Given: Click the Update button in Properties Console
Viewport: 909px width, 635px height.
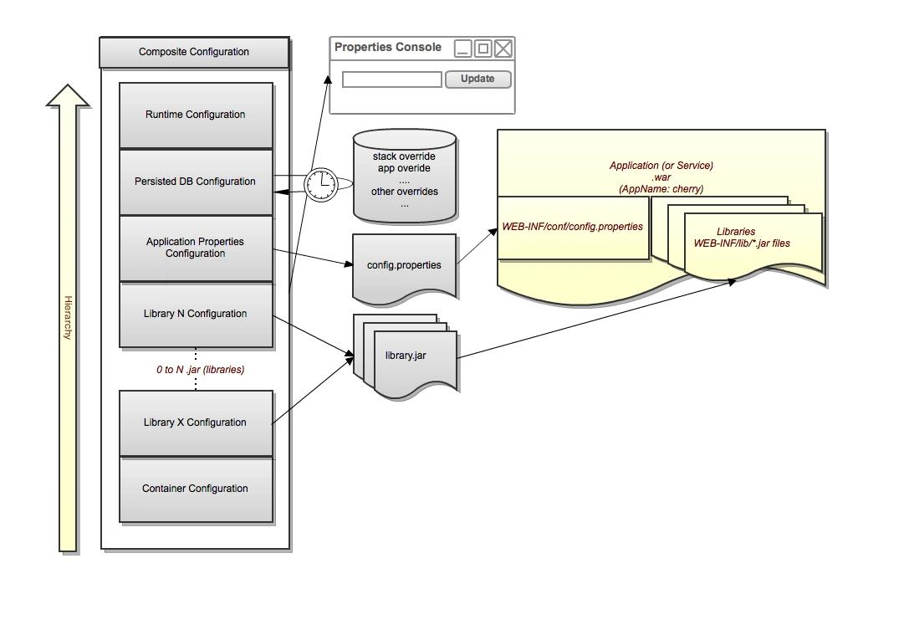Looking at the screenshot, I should point(477,79).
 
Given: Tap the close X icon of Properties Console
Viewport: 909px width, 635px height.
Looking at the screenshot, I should point(503,49).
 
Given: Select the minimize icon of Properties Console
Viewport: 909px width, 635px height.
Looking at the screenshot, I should point(463,49).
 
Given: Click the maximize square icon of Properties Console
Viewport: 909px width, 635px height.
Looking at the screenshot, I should point(483,49).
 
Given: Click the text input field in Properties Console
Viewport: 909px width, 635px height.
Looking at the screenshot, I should point(391,79).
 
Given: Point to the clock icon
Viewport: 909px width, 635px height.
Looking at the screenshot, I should point(321,184).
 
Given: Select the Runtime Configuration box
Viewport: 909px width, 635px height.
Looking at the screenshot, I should point(196,115).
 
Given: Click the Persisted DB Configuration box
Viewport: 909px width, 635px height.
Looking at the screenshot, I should point(196,182).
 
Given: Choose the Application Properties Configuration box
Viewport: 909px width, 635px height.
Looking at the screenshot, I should point(196,248).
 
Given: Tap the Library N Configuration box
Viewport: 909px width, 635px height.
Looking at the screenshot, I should point(196,314).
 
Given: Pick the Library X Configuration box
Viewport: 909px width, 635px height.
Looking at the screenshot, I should point(196,422).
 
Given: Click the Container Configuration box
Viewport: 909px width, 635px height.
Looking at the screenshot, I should point(196,489).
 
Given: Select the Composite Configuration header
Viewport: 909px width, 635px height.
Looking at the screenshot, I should point(194,52).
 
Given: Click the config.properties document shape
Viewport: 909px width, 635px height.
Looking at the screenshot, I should point(405,266).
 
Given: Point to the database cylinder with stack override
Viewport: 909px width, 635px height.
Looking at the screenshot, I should point(405,177).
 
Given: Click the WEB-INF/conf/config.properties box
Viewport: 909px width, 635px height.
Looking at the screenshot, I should point(573,227).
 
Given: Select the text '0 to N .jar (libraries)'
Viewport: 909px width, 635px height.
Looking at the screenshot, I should point(201,369).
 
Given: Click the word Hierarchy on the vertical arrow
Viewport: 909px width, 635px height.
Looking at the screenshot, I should point(68,318).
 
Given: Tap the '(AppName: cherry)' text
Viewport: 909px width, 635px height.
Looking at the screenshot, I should point(661,189).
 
